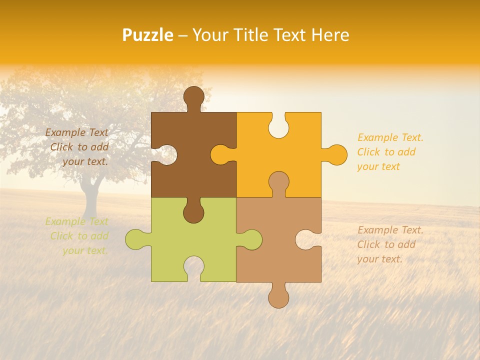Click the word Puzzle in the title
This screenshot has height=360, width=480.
coord(148,35)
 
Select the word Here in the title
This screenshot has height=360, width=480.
coord(330,35)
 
